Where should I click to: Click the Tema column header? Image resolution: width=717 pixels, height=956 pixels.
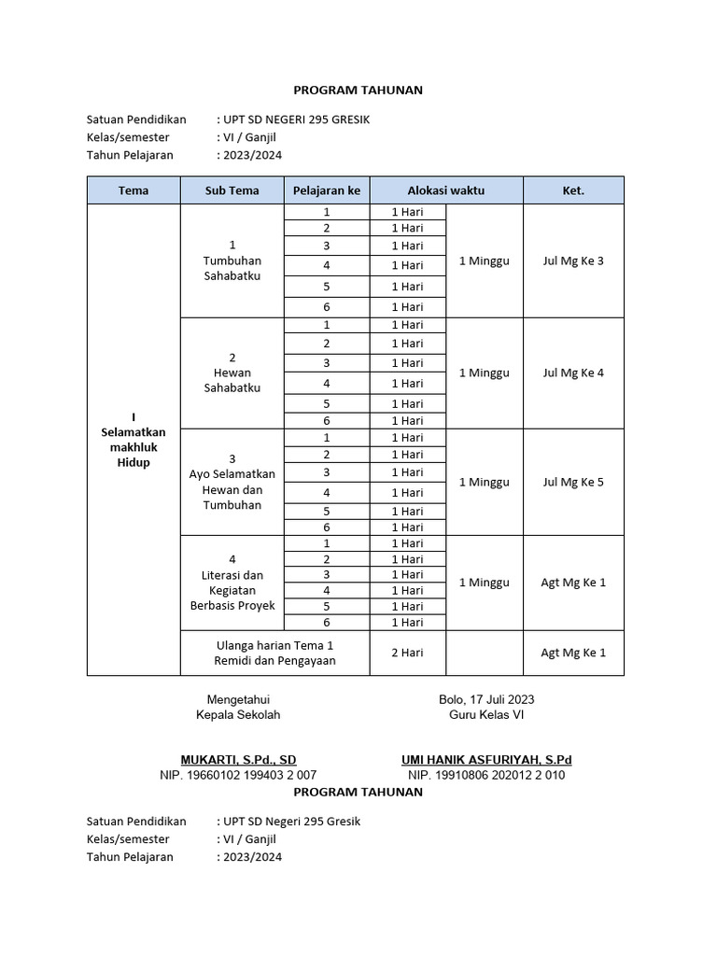[x=134, y=190]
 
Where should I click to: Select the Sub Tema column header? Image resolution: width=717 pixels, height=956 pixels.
[x=232, y=190]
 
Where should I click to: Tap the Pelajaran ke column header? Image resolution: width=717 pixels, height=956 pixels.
[x=326, y=190]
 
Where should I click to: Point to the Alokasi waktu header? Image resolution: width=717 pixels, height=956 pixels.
[x=445, y=190]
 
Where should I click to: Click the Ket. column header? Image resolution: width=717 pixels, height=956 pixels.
[x=573, y=190]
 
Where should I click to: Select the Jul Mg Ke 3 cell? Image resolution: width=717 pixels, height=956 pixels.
[x=573, y=260]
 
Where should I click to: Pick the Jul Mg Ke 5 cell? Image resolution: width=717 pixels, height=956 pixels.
[x=573, y=482]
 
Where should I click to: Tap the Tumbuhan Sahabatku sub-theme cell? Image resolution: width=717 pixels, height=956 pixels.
[x=232, y=260]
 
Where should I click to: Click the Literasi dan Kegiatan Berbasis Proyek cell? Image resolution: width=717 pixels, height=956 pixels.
[x=232, y=583]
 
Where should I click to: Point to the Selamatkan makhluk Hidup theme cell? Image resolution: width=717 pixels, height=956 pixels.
[x=134, y=440]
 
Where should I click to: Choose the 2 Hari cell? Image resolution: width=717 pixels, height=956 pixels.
[x=407, y=653]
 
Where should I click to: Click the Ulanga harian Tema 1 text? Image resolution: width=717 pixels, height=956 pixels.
[x=274, y=645]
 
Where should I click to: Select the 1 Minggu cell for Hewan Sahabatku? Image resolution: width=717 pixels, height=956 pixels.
[x=484, y=373]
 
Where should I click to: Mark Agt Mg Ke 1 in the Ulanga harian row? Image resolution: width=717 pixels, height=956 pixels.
[x=573, y=653]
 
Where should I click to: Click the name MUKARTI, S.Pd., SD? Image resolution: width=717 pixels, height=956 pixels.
[x=238, y=760]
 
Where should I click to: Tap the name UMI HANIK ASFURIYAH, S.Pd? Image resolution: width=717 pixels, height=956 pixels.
[x=485, y=760]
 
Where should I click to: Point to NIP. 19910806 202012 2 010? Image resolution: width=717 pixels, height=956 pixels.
[x=485, y=775]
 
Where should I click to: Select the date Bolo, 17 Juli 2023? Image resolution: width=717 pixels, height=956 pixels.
[x=486, y=699]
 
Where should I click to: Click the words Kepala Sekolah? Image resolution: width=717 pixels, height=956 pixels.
[x=238, y=715]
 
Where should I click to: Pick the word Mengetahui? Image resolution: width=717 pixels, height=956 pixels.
[x=238, y=699]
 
